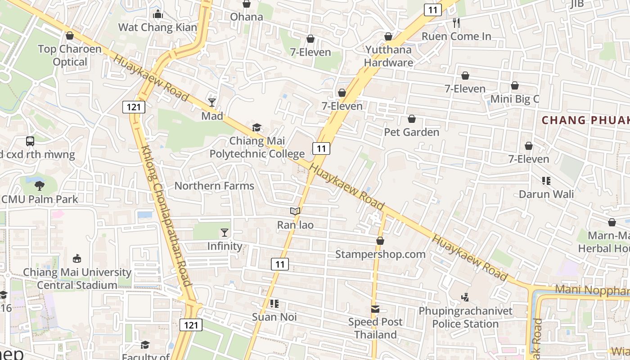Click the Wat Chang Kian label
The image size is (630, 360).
pos(157,27)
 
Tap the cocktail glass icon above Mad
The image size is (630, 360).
pos(212,103)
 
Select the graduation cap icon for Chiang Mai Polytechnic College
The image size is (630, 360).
pos(256,128)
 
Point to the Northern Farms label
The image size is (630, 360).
pos(214,186)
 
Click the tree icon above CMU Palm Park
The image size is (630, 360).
pos(40,185)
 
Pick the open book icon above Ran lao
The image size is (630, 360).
pos(295,211)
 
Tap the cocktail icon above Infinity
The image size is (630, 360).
pos(225,233)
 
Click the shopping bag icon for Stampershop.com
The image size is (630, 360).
pos(380,241)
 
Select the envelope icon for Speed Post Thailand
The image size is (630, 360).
pos(375,309)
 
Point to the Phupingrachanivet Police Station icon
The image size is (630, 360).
pos(465,297)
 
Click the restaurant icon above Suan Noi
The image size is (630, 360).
pos(274,303)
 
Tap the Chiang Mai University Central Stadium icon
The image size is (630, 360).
pos(77,258)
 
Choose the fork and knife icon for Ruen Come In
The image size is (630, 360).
pos(456,23)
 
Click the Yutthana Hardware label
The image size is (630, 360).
pos(389,56)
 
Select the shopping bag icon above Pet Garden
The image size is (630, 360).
pos(411,119)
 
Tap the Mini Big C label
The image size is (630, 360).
pos(514,99)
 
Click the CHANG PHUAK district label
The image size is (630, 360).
pos(585,120)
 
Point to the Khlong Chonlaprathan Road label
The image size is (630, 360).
pos(166,216)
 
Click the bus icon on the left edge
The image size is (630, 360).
pos(30,141)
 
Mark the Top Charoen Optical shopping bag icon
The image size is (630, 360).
pos(70,36)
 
